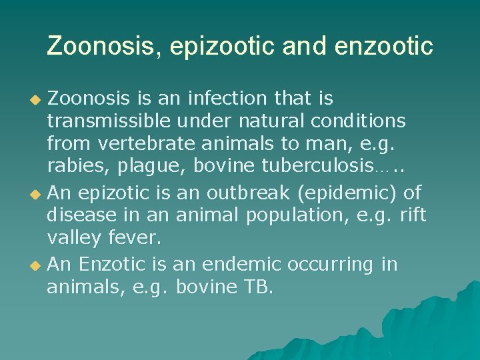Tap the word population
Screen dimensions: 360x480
click(x=275, y=215)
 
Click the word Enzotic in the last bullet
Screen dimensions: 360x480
click(x=111, y=265)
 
